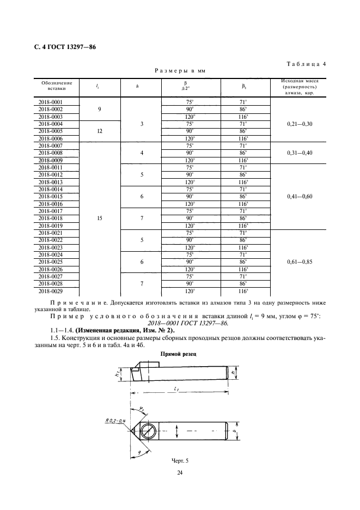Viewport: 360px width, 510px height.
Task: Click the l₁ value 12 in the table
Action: coord(100,131)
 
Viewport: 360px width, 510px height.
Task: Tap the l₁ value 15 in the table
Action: coord(100,218)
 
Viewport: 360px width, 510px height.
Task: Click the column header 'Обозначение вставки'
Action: coord(52,85)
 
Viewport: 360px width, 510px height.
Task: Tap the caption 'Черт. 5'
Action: coord(179,461)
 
